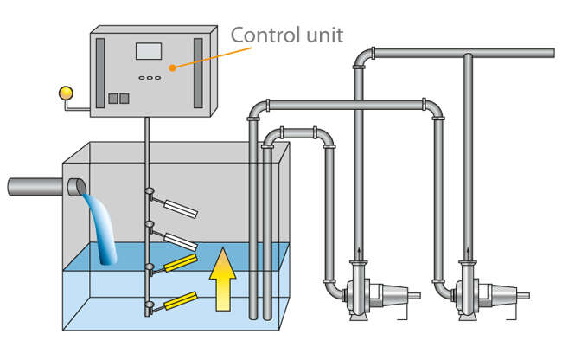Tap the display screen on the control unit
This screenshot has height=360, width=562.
(150, 51)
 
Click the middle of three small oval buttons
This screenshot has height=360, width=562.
(150, 77)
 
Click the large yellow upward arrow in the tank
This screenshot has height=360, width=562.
(222, 278)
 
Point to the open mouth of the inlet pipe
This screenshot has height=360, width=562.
(76, 187)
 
